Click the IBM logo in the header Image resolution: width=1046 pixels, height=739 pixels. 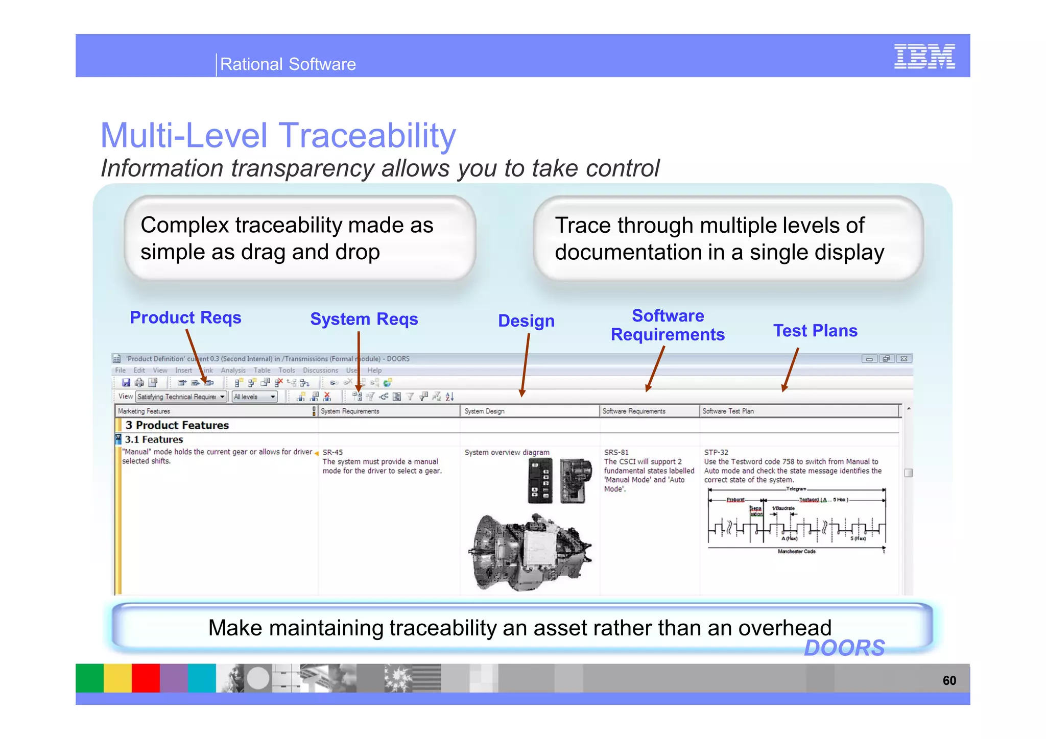tap(924, 56)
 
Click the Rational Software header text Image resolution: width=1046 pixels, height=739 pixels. tap(288, 64)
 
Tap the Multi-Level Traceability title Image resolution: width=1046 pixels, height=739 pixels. tap(278, 136)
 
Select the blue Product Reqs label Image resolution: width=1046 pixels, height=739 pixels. tap(185, 317)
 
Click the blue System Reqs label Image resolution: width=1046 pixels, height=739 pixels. tap(364, 319)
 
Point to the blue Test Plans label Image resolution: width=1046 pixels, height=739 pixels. tap(815, 331)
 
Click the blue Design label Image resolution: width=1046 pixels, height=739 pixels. tap(526, 321)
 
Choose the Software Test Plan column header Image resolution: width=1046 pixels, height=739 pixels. tap(728, 411)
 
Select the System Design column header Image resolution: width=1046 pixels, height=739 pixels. tap(484, 411)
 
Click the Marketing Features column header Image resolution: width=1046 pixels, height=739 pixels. tap(144, 411)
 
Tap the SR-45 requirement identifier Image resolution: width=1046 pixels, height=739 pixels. tap(332, 452)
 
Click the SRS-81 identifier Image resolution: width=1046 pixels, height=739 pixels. tap(616, 452)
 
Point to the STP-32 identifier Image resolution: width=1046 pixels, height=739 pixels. tap(716, 452)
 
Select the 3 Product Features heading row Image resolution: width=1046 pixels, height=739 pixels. tap(177, 425)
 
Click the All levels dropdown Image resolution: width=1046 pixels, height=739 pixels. tap(254, 397)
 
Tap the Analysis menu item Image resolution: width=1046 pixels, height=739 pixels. tap(233, 371)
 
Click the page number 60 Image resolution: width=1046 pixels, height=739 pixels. tap(949, 680)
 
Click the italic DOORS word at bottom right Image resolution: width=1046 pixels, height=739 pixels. tap(844, 648)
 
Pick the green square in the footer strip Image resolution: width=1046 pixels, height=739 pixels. tap(89, 678)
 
